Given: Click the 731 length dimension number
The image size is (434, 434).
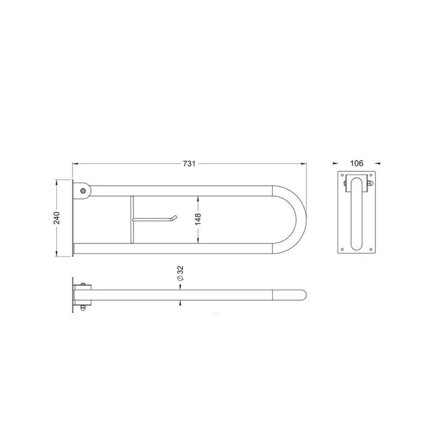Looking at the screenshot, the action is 189,163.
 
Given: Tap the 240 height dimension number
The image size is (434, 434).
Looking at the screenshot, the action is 57,218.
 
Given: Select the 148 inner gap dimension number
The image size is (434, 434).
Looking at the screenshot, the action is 198,219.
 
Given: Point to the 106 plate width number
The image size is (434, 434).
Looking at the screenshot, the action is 357,163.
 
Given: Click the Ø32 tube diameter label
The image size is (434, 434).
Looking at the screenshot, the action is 180,273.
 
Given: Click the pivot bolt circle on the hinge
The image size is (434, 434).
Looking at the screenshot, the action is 83,191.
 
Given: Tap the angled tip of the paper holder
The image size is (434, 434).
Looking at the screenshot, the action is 174,218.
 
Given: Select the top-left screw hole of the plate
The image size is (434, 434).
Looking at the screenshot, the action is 342,175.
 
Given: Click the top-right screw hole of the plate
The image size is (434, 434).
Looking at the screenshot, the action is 371,175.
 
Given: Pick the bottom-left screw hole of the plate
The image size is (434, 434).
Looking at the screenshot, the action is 342,249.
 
